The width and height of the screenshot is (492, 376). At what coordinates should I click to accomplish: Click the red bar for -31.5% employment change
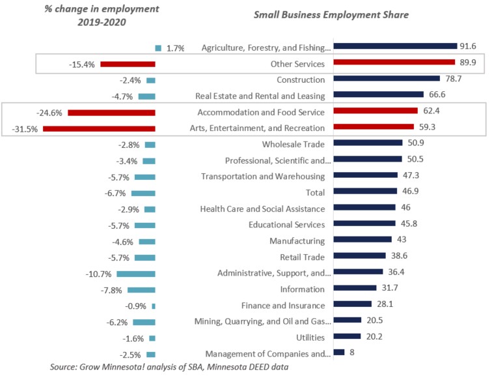pos(99,128)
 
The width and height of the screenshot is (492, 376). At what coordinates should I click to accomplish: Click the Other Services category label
pos(297,64)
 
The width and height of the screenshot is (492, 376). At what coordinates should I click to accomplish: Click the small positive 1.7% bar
pos(158,48)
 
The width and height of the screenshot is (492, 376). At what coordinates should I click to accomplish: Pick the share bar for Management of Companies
pos(338,353)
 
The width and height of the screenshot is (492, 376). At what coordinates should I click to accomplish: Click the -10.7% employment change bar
pos(136,274)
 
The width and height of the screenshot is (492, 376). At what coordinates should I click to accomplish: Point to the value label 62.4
pos(431,111)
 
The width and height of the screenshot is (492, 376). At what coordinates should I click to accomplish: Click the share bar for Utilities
pos(346,337)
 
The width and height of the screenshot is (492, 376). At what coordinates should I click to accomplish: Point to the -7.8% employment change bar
pos(141,290)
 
